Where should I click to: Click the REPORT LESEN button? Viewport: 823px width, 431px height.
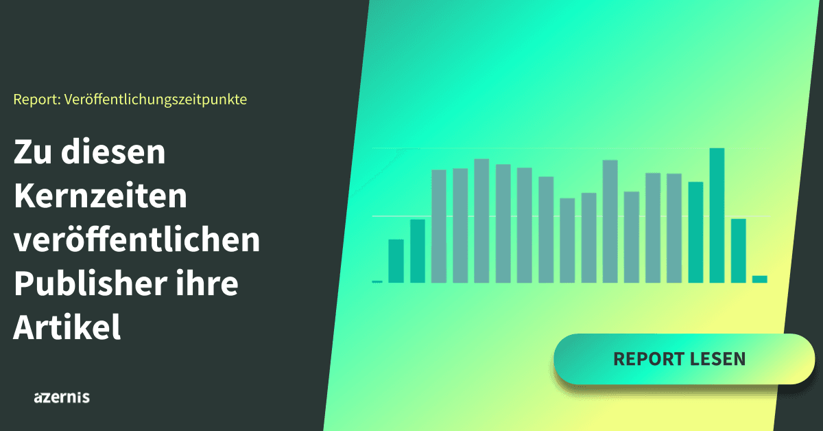684,359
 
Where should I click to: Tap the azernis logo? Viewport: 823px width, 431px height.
62,397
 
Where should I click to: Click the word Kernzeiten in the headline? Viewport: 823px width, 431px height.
100,196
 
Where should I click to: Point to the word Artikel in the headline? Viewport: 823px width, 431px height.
67,327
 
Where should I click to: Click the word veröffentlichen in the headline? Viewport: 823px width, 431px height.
137,239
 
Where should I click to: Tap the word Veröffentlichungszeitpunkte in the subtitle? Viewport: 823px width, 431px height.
156,100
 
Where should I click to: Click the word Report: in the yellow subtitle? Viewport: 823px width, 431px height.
37,100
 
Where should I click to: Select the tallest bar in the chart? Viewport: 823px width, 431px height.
717,215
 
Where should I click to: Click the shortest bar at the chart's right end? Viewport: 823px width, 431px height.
760,279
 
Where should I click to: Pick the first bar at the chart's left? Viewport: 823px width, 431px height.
396,261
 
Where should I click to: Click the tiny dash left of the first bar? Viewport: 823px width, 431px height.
377,281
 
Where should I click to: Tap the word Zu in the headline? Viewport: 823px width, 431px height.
33,152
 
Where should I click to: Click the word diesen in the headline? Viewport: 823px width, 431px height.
113,151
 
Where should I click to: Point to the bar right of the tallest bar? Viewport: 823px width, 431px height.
739,251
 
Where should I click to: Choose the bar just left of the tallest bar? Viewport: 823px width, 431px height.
695,233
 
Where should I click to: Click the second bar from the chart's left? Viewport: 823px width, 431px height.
418,251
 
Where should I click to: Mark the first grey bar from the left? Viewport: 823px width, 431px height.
439,226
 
